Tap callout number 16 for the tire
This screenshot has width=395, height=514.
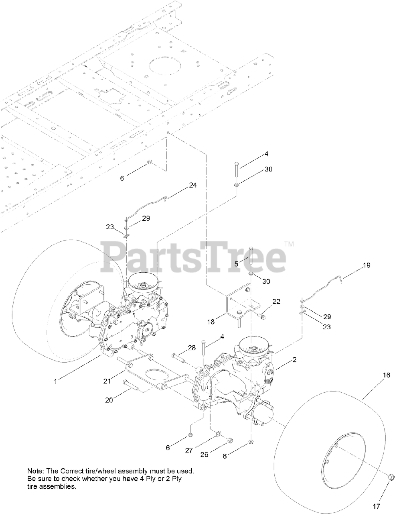click(386, 375)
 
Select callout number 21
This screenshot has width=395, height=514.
click(107, 381)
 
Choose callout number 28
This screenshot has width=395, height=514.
click(192, 347)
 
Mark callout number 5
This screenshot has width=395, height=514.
click(236, 264)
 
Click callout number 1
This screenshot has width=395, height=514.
click(56, 381)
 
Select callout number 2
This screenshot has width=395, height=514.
click(294, 360)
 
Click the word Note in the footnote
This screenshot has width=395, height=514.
click(34, 470)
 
